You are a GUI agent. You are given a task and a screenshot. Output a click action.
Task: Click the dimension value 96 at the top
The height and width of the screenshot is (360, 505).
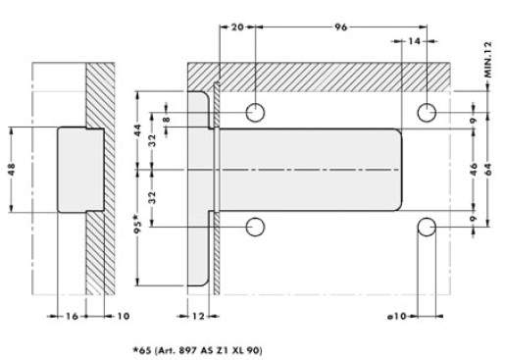(340, 27)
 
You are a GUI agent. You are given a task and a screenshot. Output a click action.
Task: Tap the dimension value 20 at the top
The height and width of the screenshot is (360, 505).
(237, 27)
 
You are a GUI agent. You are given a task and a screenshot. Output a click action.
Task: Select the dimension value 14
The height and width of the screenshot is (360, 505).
(414, 41)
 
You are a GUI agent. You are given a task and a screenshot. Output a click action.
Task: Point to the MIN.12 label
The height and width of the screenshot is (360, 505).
(488, 60)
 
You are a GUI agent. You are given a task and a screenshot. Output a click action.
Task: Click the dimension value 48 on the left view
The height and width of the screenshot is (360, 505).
(12, 170)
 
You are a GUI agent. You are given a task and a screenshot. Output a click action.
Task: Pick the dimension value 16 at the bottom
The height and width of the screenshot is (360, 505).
(73, 316)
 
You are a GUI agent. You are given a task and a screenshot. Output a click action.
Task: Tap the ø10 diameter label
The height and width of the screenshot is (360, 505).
(397, 316)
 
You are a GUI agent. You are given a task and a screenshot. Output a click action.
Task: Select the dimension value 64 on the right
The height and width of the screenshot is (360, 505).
(488, 170)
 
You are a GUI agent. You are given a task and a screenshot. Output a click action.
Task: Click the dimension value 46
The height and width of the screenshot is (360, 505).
(474, 170)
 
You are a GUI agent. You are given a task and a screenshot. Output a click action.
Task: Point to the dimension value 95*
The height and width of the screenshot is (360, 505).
(138, 224)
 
